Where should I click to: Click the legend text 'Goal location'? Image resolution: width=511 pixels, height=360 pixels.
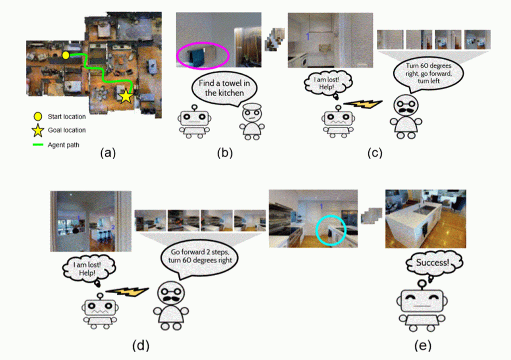click(66, 131)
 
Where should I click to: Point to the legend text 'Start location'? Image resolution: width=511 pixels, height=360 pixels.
click(66, 117)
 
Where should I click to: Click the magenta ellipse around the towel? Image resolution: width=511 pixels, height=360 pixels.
click(203, 54)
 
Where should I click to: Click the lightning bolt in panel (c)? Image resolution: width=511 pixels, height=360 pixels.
click(363, 104)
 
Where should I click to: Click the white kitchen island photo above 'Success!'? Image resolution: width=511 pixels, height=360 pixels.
click(425, 219)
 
